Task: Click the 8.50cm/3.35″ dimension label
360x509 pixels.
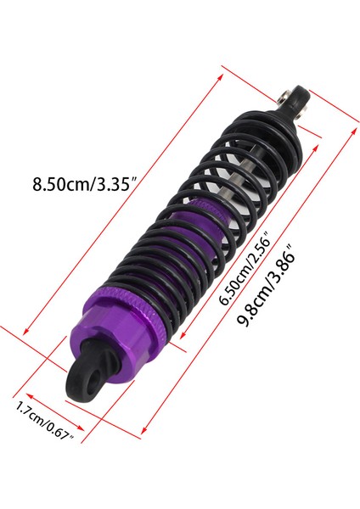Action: pos(83,183)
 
